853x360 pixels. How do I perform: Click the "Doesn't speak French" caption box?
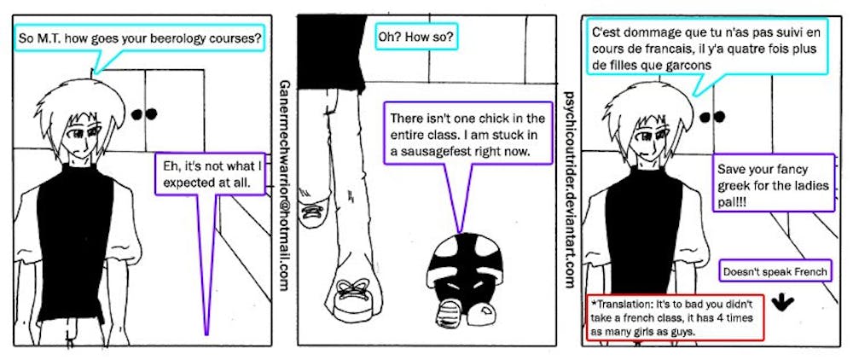[x=775, y=270]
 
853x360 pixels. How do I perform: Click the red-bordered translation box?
[x=675, y=318]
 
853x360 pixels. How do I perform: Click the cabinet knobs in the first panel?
[x=143, y=113]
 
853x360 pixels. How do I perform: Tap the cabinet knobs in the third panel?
[x=714, y=116]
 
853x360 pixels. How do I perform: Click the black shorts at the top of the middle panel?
[x=331, y=52]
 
